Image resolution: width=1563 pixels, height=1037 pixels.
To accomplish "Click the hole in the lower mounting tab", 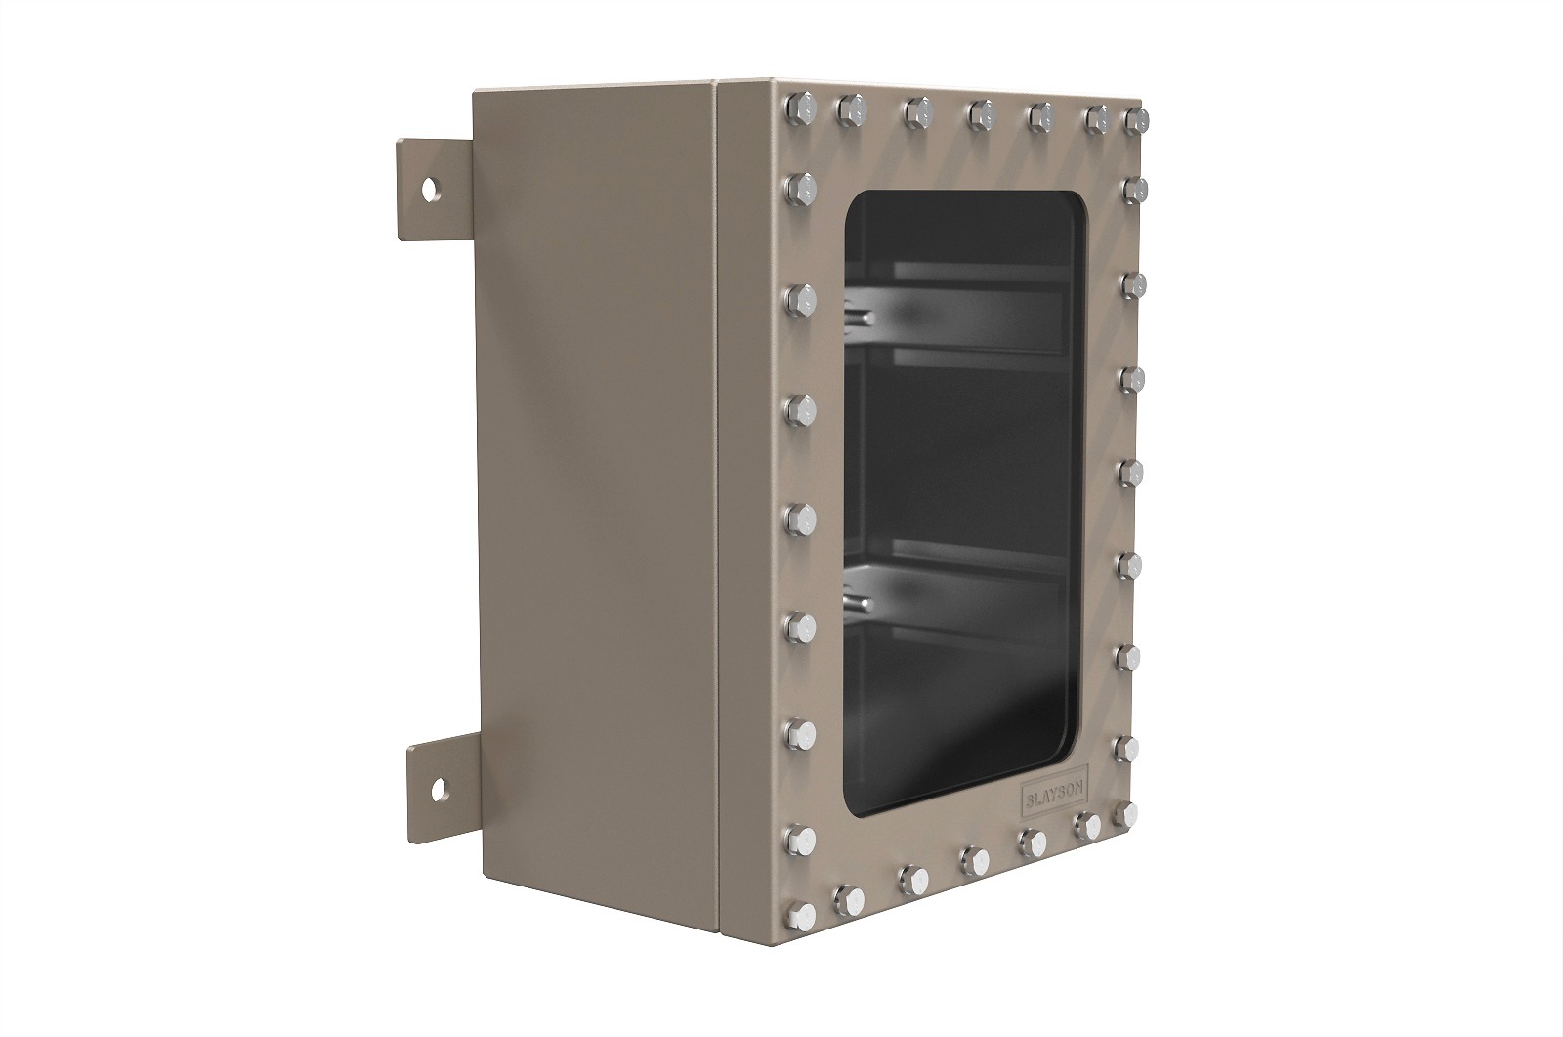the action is coord(439,790).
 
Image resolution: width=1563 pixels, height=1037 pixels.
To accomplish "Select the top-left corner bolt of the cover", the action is coord(800,108).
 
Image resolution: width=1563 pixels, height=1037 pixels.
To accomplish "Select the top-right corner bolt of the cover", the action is coord(1136,121).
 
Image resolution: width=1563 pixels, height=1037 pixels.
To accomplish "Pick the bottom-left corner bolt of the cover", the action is coord(800,915).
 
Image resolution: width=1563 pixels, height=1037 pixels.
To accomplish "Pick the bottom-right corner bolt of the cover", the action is coord(1124,814).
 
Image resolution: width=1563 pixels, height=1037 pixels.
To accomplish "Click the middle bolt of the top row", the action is coord(981,114).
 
